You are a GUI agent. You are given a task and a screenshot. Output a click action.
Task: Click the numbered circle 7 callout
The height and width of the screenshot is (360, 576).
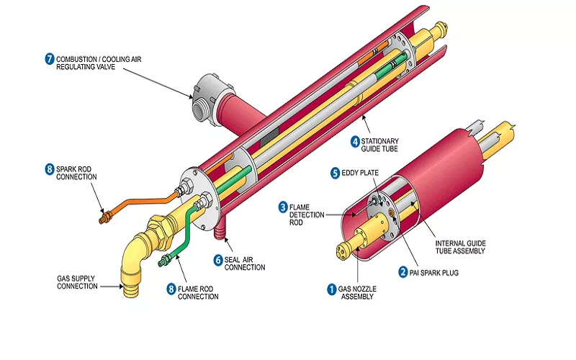point(50,59)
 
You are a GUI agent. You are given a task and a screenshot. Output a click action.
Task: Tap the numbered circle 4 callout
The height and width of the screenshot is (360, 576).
point(355,141)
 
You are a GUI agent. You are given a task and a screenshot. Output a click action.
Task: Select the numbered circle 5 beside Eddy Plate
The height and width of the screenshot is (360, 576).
point(335,173)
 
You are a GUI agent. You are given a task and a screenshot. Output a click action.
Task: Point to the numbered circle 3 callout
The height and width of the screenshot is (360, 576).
point(283,207)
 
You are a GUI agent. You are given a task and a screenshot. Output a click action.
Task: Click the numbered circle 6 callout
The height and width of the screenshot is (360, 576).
point(217,259)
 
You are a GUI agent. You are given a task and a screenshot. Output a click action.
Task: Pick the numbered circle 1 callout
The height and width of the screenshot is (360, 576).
point(332,289)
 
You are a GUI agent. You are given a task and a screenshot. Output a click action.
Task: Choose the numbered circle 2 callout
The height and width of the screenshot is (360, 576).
point(403,272)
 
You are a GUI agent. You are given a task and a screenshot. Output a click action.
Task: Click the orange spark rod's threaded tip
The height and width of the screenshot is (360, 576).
point(105,215)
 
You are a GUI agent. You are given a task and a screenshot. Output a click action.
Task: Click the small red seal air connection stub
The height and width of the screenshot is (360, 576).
point(220,232)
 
